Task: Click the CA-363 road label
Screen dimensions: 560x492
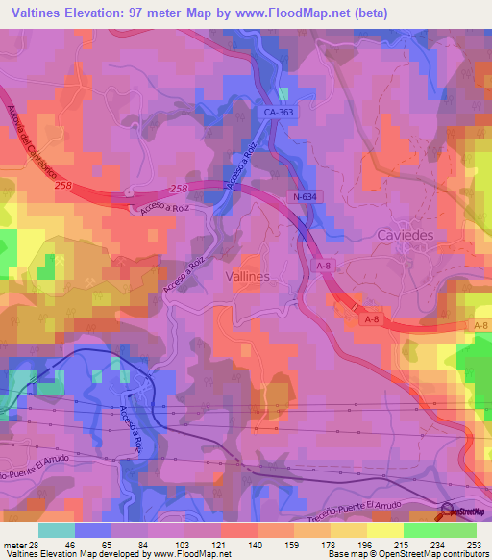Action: point(280,114)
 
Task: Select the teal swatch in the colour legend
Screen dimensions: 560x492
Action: point(57,530)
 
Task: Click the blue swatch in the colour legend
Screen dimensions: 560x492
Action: point(93,530)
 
